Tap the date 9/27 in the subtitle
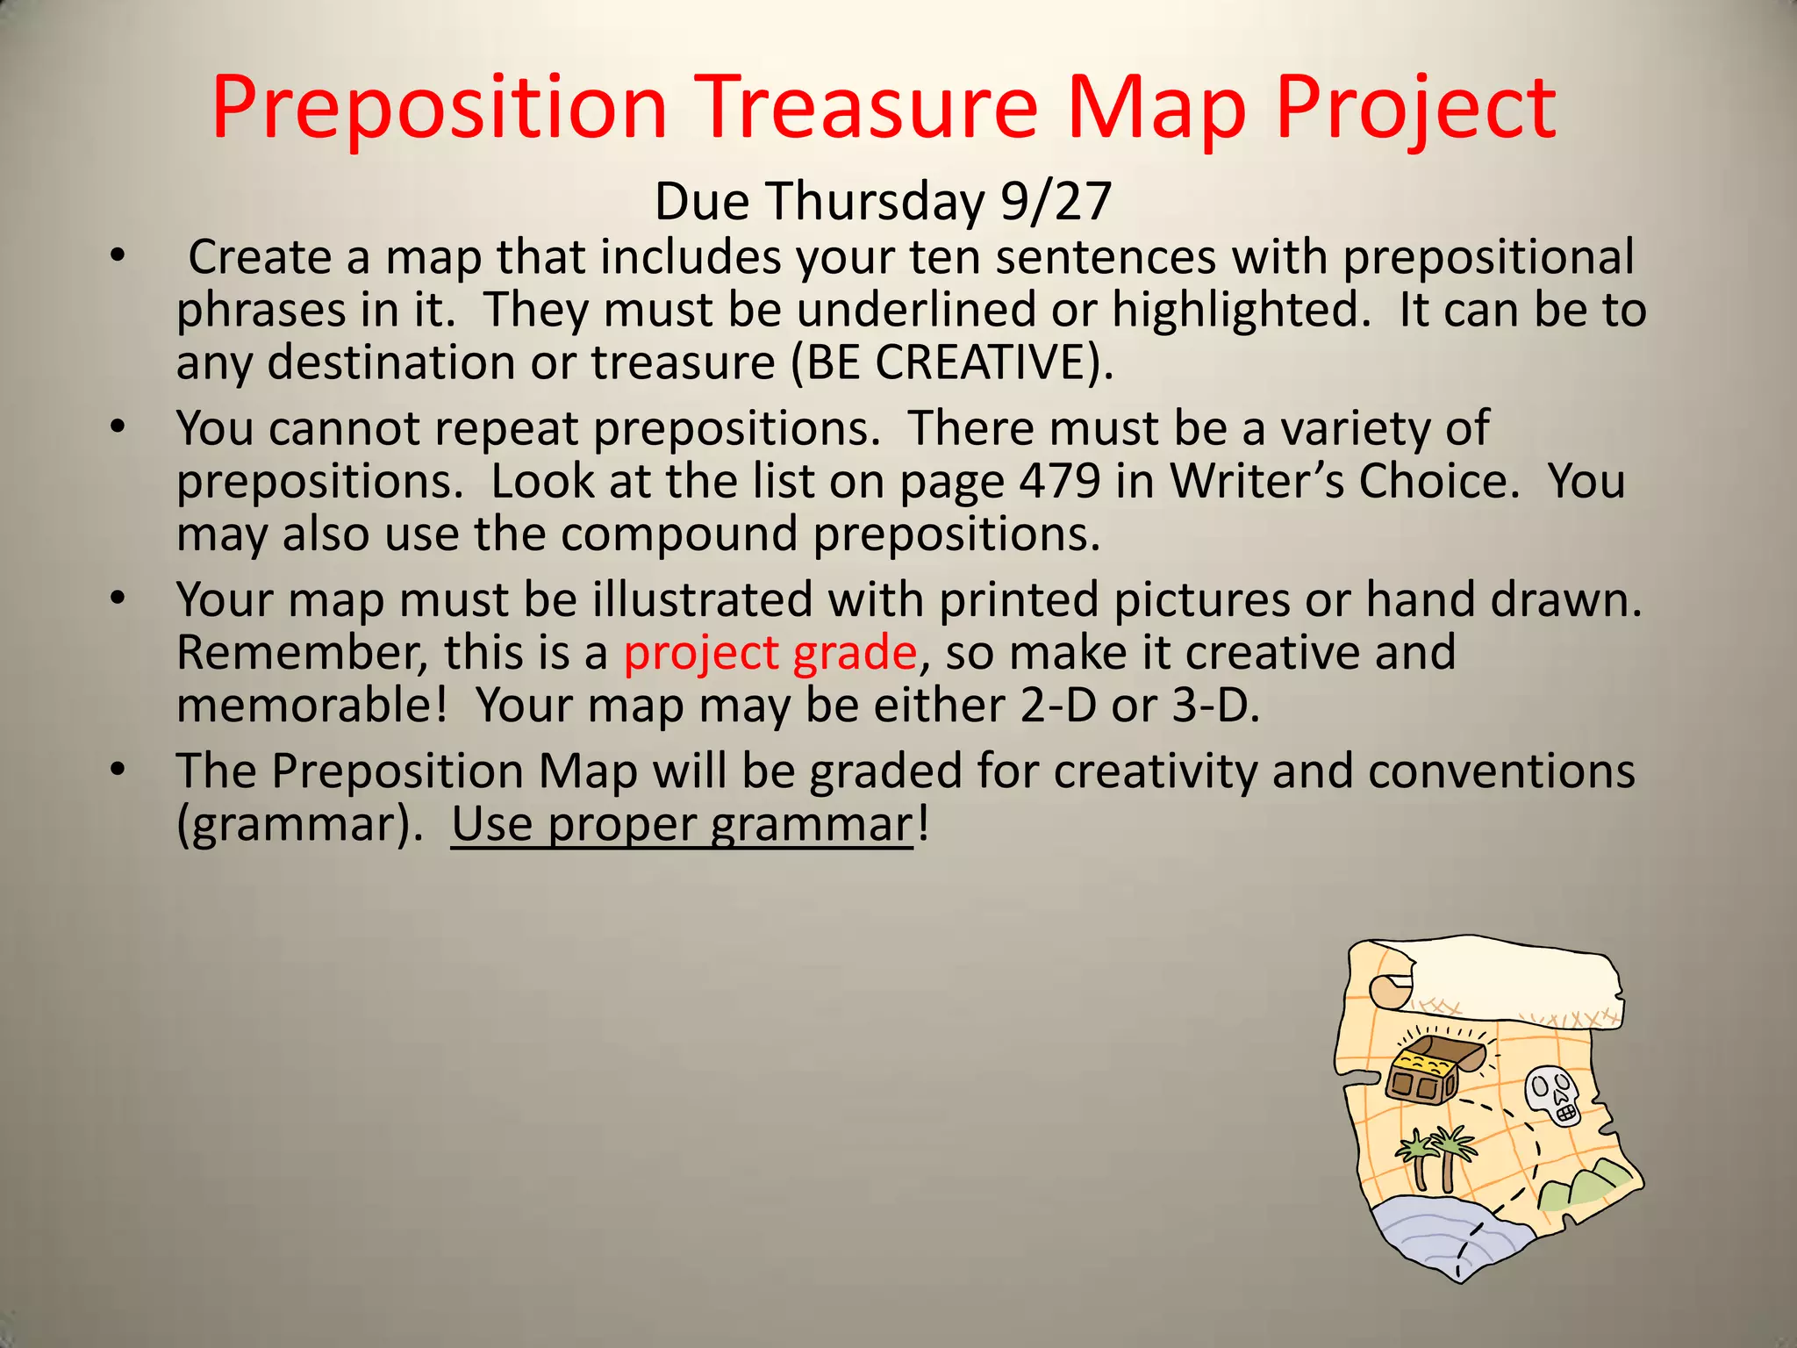pyautogui.click(x=1056, y=201)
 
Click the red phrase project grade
pyautogui.click(x=770, y=653)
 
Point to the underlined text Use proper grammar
pyautogui.click(x=682, y=825)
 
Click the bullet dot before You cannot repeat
pyautogui.click(x=118, y=427)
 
